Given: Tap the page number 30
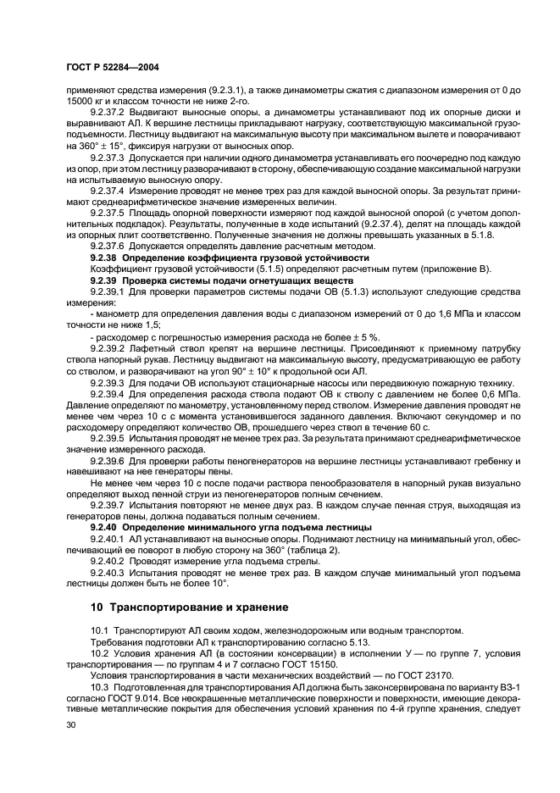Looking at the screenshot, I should (70, 725).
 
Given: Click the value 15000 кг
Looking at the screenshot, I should (85, 101).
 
